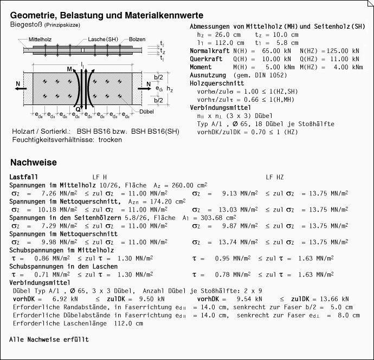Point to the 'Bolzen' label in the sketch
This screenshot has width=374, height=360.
[138, 40]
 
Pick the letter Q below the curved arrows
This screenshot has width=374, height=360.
[78, 109]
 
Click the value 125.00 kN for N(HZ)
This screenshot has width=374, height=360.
[343, 50]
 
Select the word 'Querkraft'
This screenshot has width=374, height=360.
[206, 58]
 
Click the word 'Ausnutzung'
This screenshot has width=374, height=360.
[208, 75]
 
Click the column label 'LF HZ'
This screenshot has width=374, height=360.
[275, 177]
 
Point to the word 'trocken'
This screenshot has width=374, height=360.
[110, 139]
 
